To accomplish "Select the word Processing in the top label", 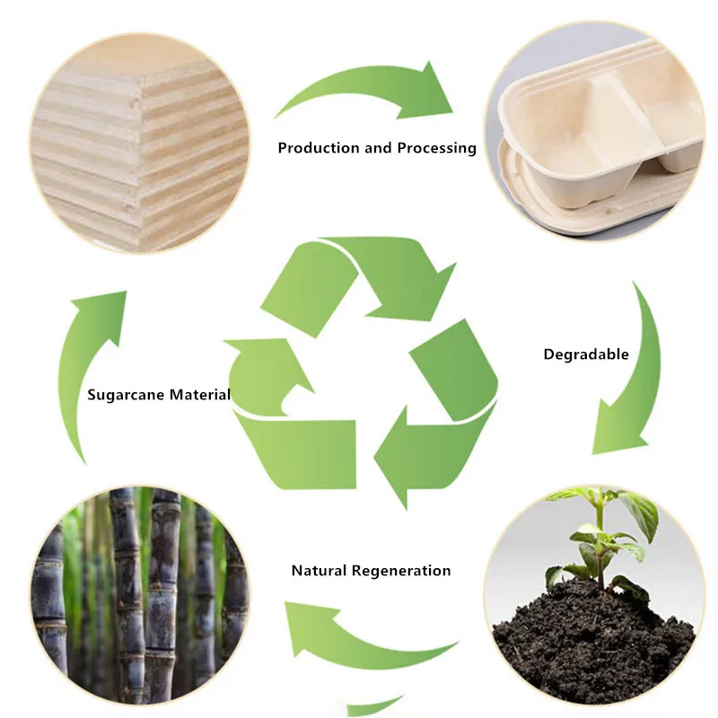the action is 433,148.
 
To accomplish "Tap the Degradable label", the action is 586,355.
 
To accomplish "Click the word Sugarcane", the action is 126,395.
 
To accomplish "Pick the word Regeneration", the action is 401,571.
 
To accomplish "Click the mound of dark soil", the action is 592,642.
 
